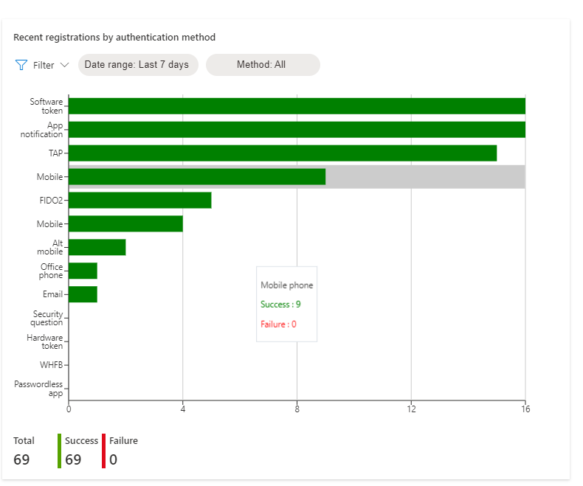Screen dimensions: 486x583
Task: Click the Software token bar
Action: pos(297,106)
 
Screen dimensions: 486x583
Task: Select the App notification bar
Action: pos(297,130)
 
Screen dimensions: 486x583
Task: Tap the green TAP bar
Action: pos(282,153)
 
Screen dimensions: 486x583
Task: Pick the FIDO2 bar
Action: pos(139,200)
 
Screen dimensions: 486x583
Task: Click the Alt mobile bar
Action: pos(97,247)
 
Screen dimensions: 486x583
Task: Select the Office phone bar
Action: pos(83,271)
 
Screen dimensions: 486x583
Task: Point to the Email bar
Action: pos(83,294)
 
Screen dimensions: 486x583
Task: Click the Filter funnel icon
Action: pos(21,65)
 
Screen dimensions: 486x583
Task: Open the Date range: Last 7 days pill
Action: pos(137,65)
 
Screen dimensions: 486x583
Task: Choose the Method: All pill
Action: pos(261,65)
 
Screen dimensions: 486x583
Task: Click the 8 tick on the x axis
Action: pos(297,409)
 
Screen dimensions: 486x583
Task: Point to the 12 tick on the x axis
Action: pos(411,409)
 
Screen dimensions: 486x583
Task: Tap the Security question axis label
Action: pos(46,319)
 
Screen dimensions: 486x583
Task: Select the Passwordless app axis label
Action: pos(38,389)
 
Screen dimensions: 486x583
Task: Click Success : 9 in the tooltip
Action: pos(280,304)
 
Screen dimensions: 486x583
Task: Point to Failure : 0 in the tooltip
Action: pos(278,324)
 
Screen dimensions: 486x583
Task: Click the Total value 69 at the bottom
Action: pos(21,459)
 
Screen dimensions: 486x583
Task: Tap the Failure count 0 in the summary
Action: pos(113,459)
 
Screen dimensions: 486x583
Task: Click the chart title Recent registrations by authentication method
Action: pos(114,37)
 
